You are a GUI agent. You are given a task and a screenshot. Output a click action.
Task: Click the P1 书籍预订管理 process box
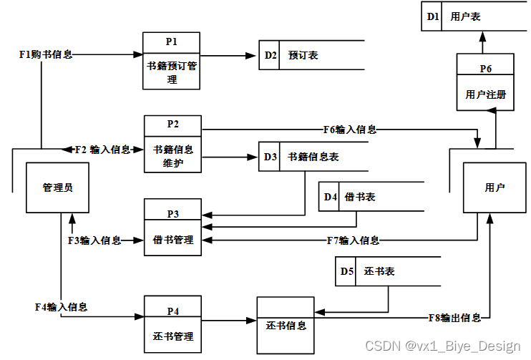pyautogui.click(x=171, y=61)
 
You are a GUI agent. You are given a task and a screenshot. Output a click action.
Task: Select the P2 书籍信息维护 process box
pyautogui.click(x=173, y=144)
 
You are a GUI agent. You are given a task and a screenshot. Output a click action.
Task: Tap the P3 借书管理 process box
pyautogui.click(x=172, y=227)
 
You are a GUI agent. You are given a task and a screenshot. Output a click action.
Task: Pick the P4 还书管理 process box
pyautogui.click(x=172, y=324)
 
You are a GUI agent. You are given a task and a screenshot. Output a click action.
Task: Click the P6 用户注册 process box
pyautogui.click(x=486, y=82)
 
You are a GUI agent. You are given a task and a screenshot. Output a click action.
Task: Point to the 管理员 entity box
pyautogui.click(x=57, y=188)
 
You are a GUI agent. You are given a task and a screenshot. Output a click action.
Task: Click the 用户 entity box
pyautogui.click(x=495, y=188)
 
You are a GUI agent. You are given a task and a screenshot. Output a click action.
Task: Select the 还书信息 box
pyautogui.click(x=286, y=325)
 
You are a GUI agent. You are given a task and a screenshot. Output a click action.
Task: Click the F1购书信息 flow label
pyautogui.click(x=46, y=54)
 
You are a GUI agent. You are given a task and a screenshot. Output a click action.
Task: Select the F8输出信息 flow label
pyautogui.click(x=454, y=317)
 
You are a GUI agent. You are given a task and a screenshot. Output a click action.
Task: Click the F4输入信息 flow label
pyautogui.click(x=61, y=306)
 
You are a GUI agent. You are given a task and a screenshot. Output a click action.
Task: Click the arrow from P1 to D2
pyautogui.click(x=229, y=55)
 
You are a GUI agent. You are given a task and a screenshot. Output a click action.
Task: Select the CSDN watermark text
pyautogui.click(x=442, y=346)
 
